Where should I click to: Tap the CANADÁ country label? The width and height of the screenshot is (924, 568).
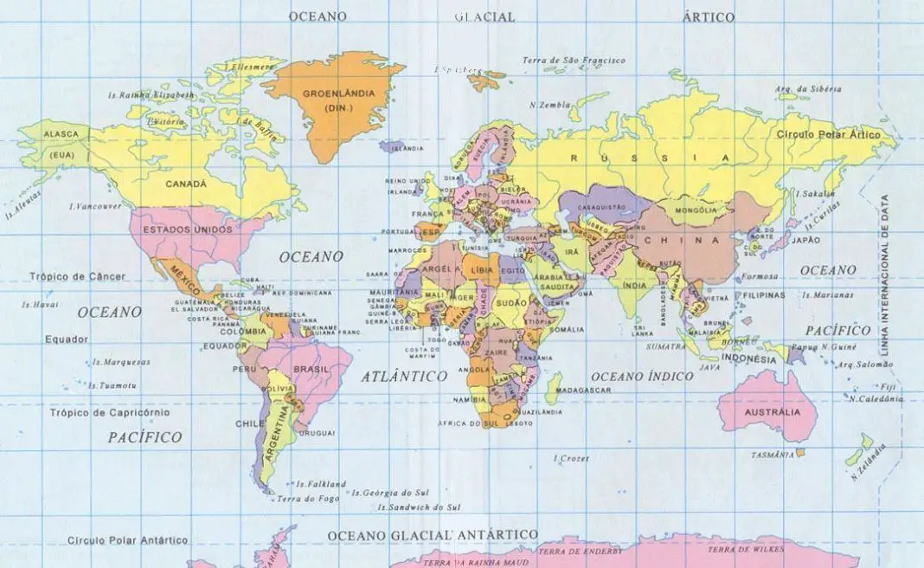click(x=187, y=184)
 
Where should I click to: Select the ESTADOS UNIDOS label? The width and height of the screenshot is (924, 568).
click(x=187, y=230)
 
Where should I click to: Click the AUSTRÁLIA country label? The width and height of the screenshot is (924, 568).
click(x=772, y=412)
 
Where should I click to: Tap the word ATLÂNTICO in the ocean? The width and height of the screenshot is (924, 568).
click(x=401, y=377)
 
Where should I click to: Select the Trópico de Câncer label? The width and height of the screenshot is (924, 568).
click(x=77, y=277)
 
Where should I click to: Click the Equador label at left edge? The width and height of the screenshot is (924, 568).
click(x=67, y=339)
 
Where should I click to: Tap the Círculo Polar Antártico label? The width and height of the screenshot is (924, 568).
click(x=127, y=540)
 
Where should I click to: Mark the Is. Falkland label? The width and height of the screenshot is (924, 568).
click(x=320, y=484)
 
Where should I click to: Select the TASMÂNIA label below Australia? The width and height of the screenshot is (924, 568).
click(x=774, y=455)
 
